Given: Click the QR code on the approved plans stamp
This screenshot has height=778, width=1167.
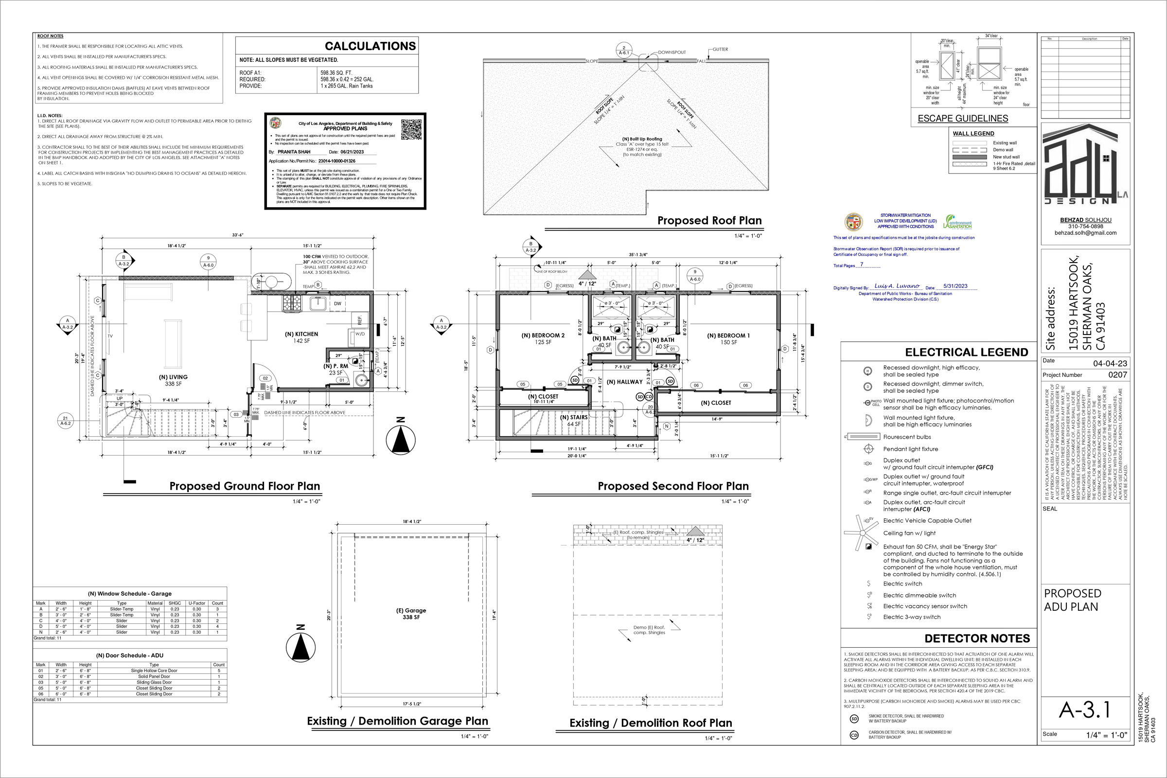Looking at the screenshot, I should [411, 129].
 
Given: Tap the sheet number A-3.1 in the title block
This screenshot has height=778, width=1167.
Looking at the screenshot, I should [1085, 710].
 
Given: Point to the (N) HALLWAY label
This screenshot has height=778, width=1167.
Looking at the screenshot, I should [624, 382].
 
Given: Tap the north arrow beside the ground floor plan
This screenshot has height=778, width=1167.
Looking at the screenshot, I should [400, 439].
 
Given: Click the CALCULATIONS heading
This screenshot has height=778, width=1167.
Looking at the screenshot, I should [370, 46].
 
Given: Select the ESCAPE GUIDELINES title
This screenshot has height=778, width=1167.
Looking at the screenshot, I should [963, 119].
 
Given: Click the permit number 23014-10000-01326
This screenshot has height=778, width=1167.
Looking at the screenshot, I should [336, 161].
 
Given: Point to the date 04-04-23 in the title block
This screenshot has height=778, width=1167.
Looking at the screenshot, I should [1110, 363].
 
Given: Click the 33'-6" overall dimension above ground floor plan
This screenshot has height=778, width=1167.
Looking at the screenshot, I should [238, 235].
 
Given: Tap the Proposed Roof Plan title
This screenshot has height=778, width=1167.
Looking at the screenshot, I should [709, 220].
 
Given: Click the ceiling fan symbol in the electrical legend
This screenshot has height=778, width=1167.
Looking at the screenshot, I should [862, 533].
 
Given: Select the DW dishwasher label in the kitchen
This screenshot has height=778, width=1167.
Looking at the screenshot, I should [337, 303].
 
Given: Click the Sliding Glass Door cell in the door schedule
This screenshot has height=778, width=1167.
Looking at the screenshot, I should [154, 682].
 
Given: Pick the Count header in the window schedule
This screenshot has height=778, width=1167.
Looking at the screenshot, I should [217, 603].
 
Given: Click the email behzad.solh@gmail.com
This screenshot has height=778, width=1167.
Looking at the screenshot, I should [1085, 233].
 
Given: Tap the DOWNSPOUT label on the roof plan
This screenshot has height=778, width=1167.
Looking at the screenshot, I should [672, 52].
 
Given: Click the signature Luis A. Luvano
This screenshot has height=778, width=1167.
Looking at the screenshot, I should [897, 286].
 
